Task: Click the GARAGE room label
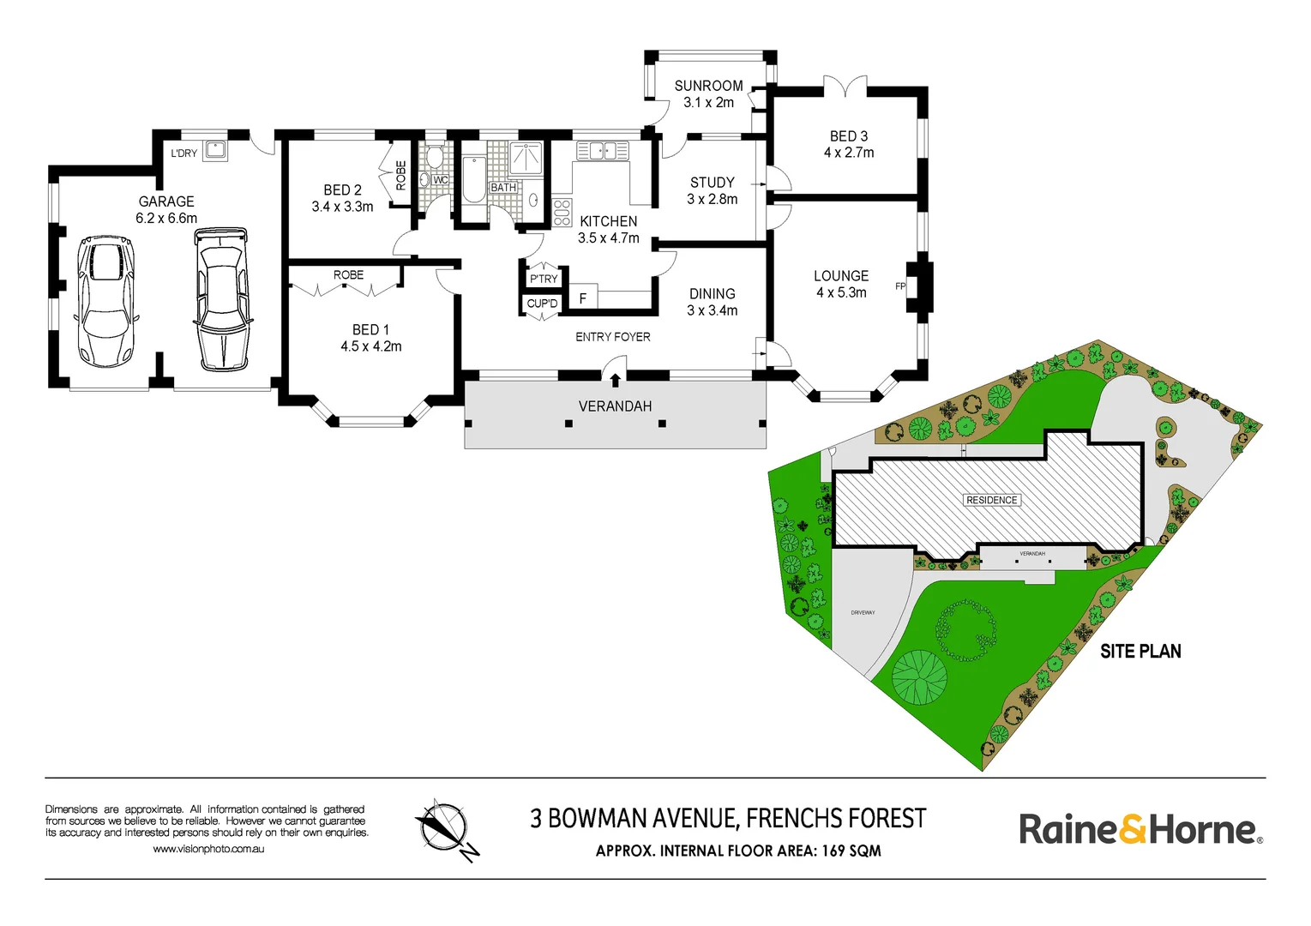click(166, 201)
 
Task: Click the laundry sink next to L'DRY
click(214, 151)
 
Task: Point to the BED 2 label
click(342, 190)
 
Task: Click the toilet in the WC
click(435, 157)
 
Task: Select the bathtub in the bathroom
click(473, 179)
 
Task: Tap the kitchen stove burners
click(562, 212)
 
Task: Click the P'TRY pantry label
click(544, 279)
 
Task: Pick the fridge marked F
click(583, 298)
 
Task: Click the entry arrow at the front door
click(614, 379)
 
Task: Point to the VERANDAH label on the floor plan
click(615, 406)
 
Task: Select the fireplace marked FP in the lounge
click(920, 286)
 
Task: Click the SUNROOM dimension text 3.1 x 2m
click(708, 102)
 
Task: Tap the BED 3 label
click(848, 136)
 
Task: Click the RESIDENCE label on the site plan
click(991, 500)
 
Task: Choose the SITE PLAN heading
click(1140, 652)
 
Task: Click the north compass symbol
click(444, 828)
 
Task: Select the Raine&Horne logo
click(1140, 830)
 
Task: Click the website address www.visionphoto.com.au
click(208, 849)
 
